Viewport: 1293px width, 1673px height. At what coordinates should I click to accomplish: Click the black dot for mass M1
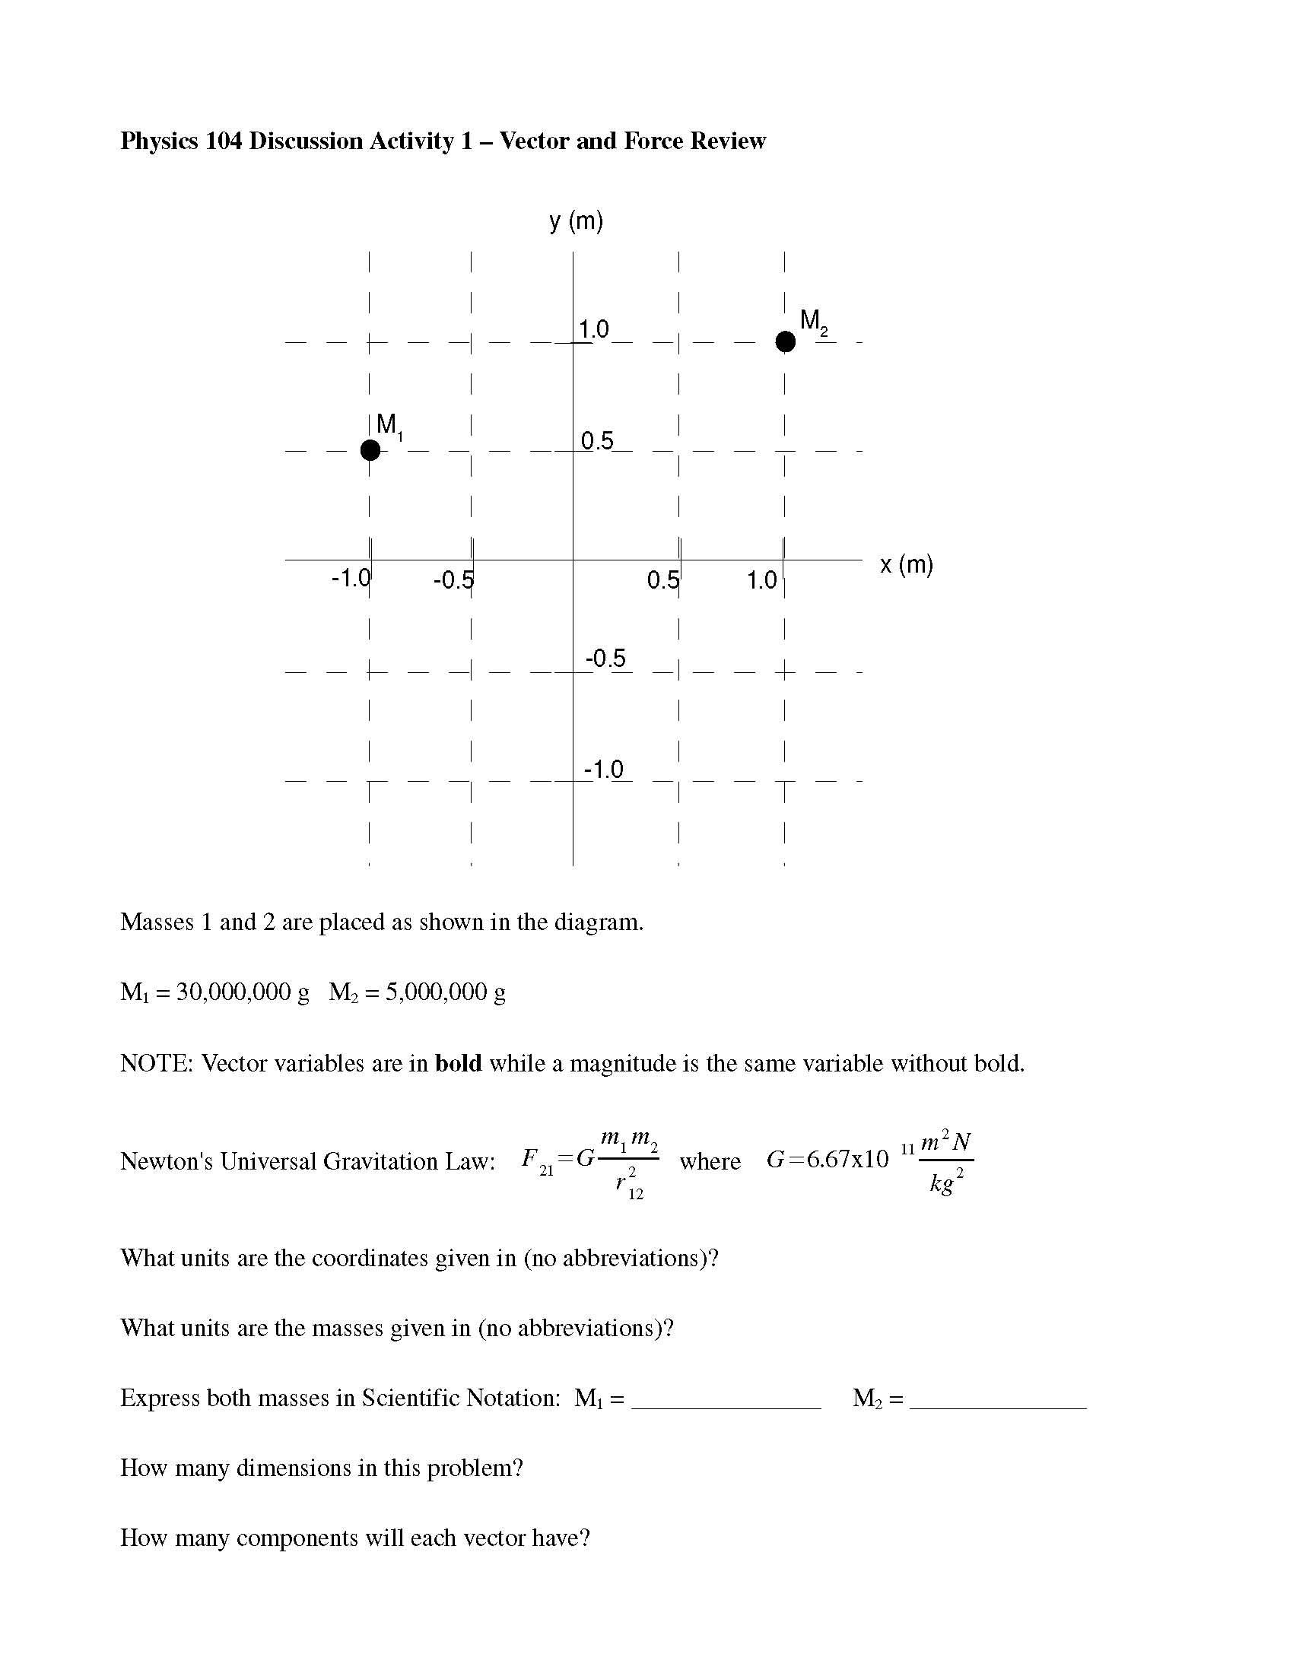(370, 450)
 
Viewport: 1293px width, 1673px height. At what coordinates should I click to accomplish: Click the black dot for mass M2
(785, 341)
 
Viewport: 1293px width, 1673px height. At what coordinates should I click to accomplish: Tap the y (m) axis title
(576, 221)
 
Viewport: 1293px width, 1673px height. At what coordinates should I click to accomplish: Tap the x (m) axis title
(906, 564)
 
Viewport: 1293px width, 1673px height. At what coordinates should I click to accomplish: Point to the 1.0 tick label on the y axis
(594, 329)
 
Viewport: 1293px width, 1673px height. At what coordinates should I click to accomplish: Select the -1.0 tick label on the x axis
(351, 579)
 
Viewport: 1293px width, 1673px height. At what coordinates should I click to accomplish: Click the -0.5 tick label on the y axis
(605, 658)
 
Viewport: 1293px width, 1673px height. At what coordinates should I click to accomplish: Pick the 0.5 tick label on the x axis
(662, 580)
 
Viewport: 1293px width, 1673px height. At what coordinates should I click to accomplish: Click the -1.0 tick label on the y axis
(604, 769)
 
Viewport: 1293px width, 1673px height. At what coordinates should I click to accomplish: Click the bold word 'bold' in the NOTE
(458, 1063)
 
